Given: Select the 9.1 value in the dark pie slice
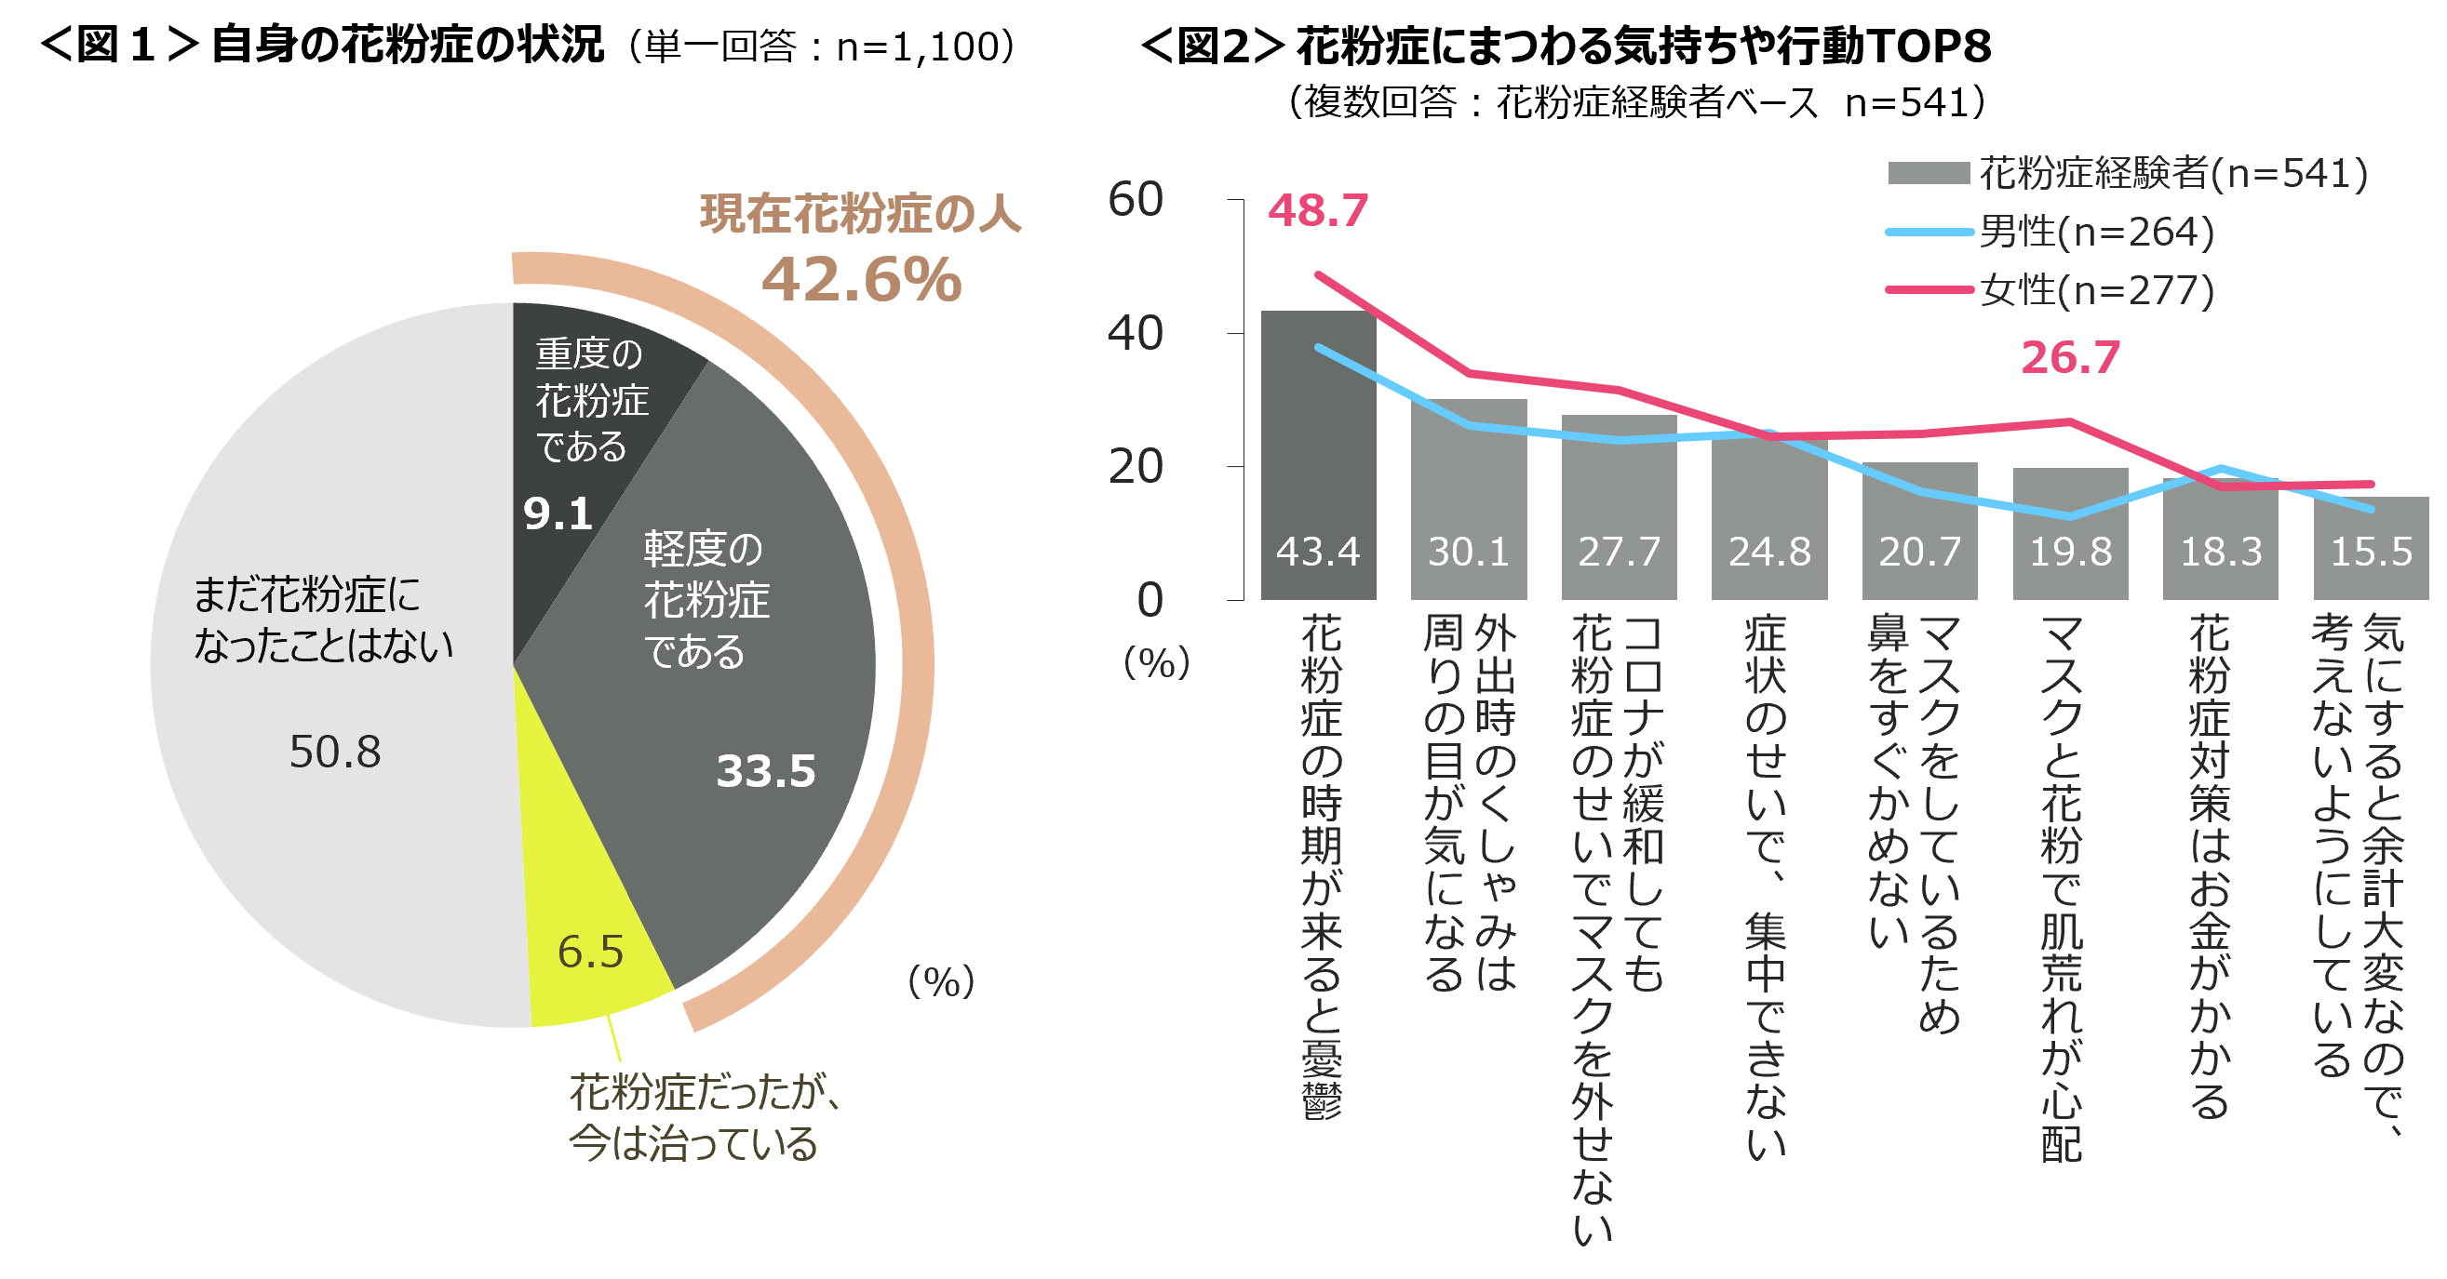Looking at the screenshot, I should pos(558,513).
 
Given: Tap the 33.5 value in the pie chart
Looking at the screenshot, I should pos(766,770).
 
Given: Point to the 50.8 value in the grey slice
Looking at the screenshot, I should pos(334,751).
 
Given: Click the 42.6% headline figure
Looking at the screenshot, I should pos(862,280).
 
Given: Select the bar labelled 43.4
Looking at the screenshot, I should pos(1318,456).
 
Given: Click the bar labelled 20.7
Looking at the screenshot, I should pos(1920,531).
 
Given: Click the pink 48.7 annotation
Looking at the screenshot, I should pos(1318,210).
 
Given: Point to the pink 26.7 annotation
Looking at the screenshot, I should pos(2070,357).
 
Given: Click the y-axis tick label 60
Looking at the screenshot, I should pos(1136,199).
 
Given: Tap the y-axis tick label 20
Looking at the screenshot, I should pos(1136,466).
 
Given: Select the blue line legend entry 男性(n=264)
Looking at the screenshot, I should pos(2051,232).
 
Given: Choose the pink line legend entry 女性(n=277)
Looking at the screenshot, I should pos(2051,289).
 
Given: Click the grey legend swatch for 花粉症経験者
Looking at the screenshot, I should pos(1929,173).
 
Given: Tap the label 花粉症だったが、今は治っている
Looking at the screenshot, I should pos(703,1117).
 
